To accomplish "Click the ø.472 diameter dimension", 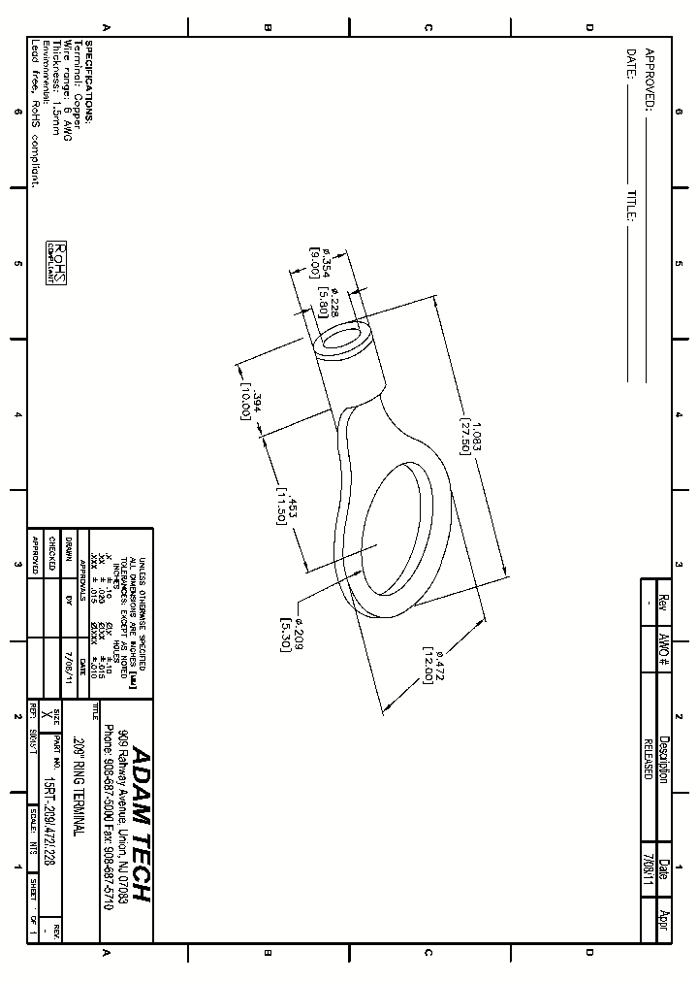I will (x=438, y=665).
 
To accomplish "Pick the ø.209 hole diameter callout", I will (x=298, y=632).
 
